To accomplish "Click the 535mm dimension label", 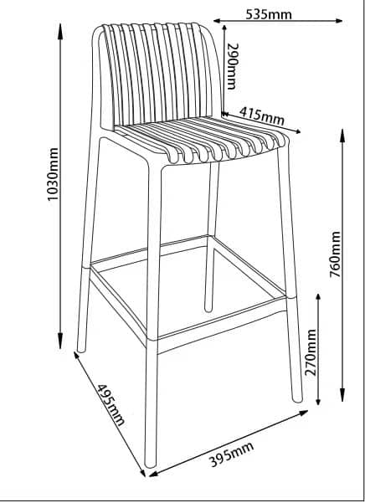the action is pos(269,14).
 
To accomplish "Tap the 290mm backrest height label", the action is pos(232,66).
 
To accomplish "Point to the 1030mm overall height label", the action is pos(53,174).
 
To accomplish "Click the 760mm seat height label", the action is pos(336,254).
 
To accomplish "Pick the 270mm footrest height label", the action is pos(311,352).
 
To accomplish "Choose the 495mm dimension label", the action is pos(111,404).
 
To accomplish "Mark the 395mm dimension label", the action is pos(231,454).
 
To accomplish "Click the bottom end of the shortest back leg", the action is pos(208,309).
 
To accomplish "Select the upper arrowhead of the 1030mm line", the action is pos(60,31).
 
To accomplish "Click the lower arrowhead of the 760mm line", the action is pos(342,394).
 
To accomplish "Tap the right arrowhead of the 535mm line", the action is pos(339,21).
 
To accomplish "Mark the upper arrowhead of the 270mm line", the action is pos(318,297).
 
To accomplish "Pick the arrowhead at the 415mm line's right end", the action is pos(298,131).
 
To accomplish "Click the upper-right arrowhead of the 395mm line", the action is pos(303,413).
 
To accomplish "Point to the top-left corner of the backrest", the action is pos(96,29).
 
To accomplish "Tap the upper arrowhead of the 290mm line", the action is pos(224,28).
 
